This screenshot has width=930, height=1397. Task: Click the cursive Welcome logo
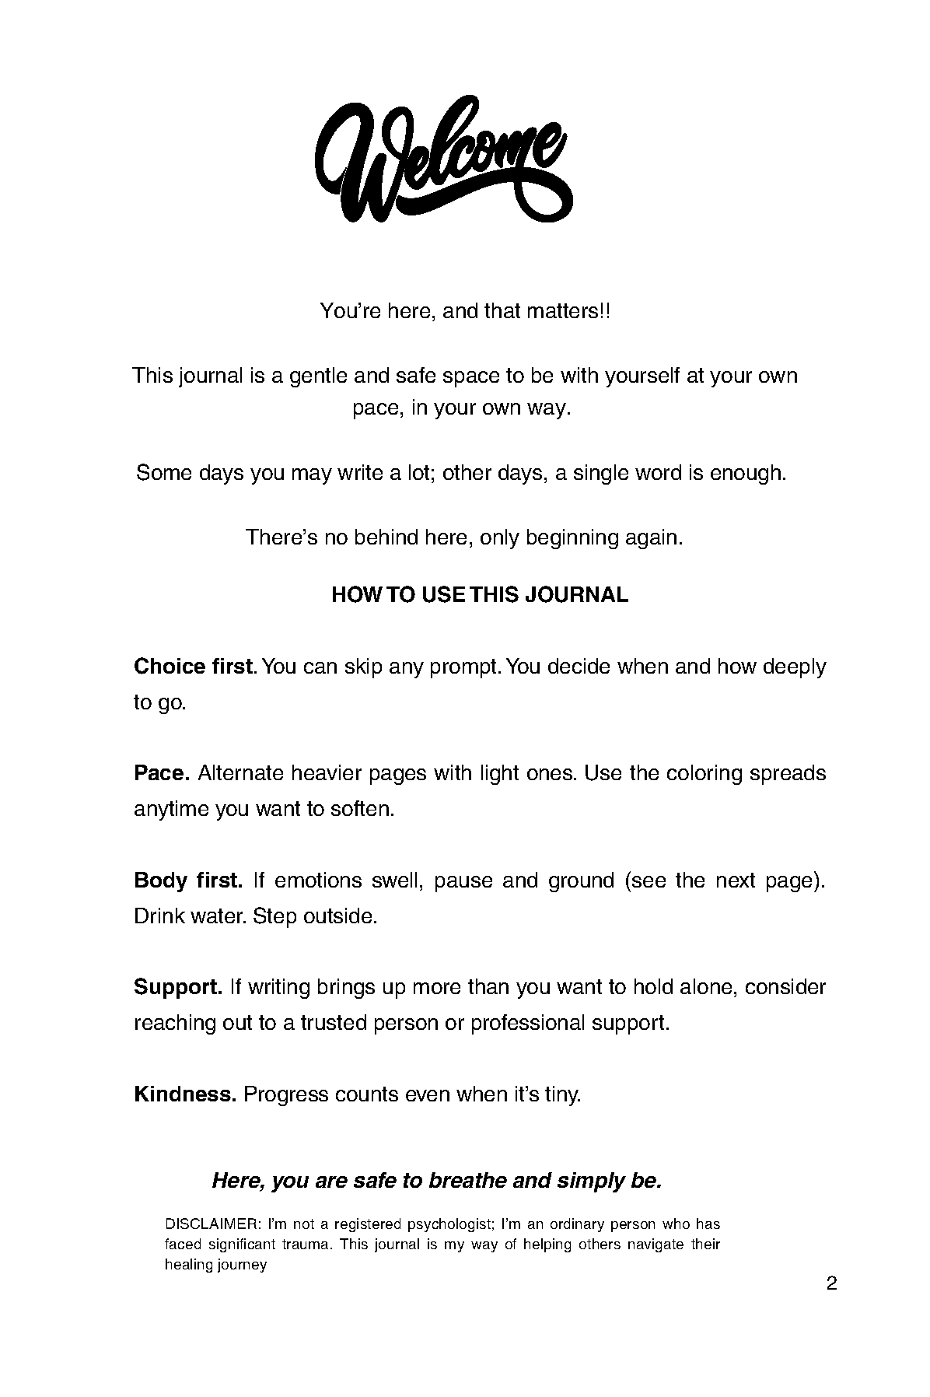click(x=445, y=159)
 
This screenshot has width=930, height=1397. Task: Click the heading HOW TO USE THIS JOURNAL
click(x=480, y=595)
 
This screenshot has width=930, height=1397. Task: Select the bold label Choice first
click(x=194, y=667)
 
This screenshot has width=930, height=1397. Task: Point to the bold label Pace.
click(x=162, y=773)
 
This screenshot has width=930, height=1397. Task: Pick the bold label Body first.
click(x=188, y=881)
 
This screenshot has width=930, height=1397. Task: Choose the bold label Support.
click(x=178, y=987)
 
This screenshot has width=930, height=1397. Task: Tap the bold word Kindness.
click(x=185, y=1094)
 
